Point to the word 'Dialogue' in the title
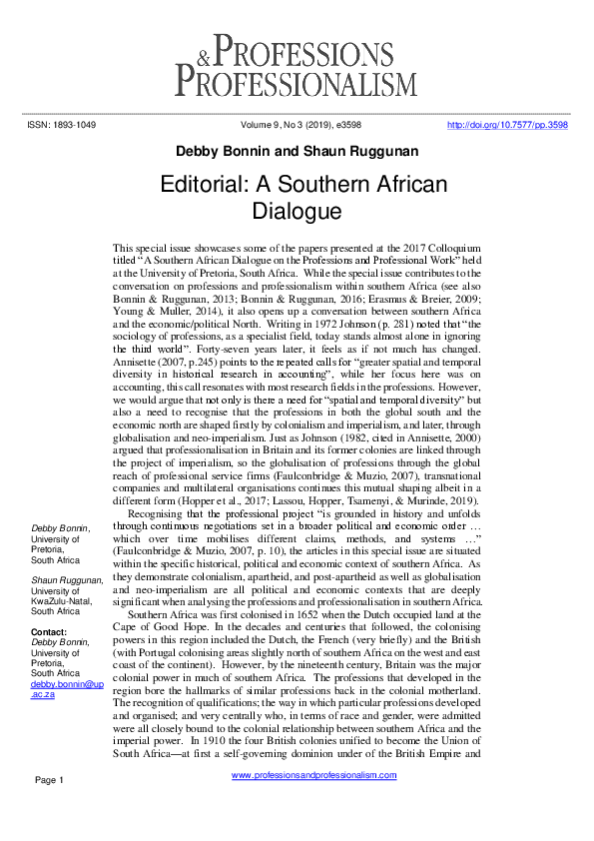[297, 212]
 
